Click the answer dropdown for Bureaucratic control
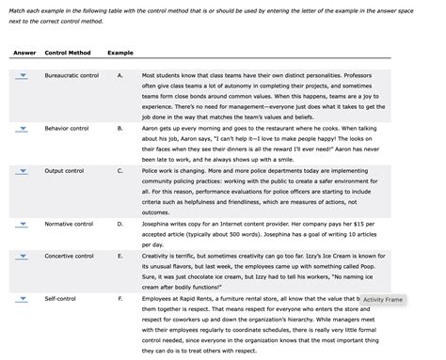pyautogui.click(x=22, y=75)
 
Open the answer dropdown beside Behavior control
pyautogui.click(x=22, y=126)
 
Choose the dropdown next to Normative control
pyautogui.click(x=22, y=225)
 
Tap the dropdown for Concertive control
pyautogui.click(x=22, y=256)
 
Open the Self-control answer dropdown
pyautogui.click(x=22, y=298)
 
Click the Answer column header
pyautogui.click(x=24, y=52)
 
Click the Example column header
pyautogui.click(x=120, y=52)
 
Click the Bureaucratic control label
pyautogui.click(x=72, y=74)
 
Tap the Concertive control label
pyautogui.click(x=70, y=255)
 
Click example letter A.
pyautogui.click(x=119, y=74)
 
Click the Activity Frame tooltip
pyautogui.click(x=382, y=300)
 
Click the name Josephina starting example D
pyautogui.click(x=159, y=224)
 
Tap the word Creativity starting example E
pyautogui.click(x=157, y=255)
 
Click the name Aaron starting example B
pyautogui.click(x=151, y=125)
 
